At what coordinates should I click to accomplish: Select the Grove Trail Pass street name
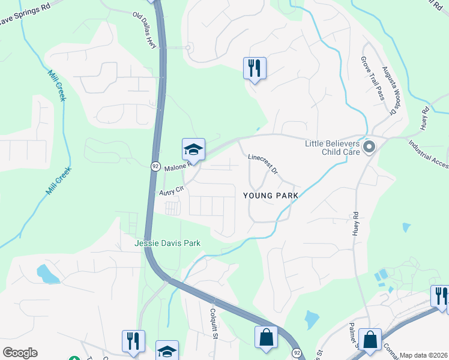point(372,78)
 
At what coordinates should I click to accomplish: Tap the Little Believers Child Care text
point(332,148)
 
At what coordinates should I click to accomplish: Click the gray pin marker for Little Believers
point(369,146)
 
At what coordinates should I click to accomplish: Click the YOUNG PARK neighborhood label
point(270,196)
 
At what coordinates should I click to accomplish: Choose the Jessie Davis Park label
point(167,243)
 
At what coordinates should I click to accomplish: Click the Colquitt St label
point(214,323)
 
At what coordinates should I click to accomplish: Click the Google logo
point(20,353)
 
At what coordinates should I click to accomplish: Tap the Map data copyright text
point(423,355)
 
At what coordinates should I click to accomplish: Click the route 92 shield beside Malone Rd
point(155,166)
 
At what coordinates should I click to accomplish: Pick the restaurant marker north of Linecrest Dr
point(255,68)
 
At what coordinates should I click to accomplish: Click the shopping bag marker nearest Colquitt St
point(266,338)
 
